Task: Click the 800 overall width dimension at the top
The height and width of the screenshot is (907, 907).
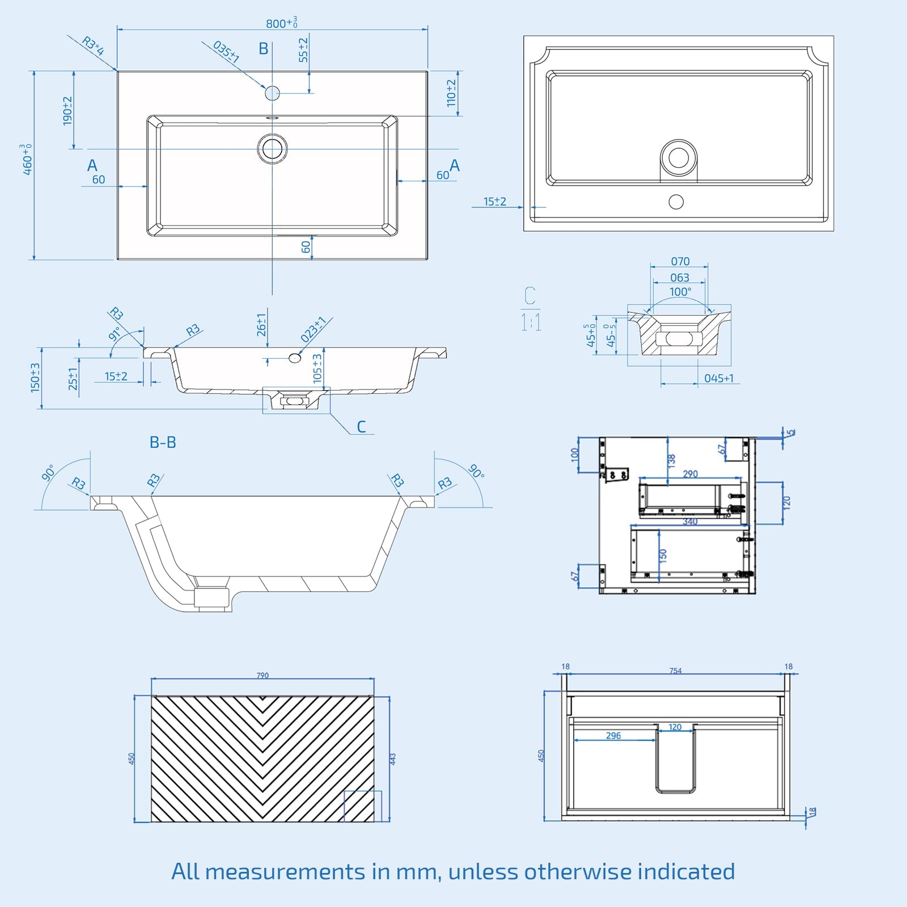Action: point(281,23)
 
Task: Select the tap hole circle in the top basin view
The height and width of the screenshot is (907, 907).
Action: point(273,93)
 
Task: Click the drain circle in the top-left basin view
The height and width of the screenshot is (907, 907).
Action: point(272,149)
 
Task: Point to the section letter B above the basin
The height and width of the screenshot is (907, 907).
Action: point(263,49)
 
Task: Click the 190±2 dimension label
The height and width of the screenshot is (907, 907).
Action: point(67,111)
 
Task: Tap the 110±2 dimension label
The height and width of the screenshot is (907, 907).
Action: point(451,93)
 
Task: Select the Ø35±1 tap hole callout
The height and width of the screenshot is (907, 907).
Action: point(226,52)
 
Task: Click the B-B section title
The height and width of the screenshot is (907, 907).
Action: point(163,442)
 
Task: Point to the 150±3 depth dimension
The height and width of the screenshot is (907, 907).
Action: point(35,378)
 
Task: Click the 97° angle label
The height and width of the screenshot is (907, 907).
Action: point(115,334)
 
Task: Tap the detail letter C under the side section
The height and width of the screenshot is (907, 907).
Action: point(361,426)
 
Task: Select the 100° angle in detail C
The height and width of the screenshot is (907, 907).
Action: point(680,292)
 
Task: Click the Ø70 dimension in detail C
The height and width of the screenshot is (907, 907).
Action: point(680,261)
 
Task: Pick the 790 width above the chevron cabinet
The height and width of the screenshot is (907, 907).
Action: point(262,675)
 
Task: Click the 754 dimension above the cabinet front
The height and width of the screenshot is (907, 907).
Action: point(675,671)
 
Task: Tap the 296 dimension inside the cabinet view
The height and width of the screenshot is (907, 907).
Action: point(613,736)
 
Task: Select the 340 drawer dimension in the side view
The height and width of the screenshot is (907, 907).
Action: point(690,522)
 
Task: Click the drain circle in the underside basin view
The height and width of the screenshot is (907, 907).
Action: point(679,158)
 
